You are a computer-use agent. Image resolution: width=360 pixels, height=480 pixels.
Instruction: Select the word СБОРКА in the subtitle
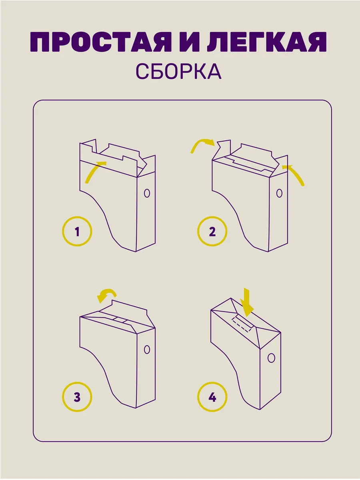[178, 71]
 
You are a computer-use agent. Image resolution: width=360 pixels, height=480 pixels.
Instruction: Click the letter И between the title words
[184, 42]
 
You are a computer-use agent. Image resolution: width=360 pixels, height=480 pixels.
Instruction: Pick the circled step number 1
[77, 231]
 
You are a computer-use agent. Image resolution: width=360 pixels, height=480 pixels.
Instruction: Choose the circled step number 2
[212, 231]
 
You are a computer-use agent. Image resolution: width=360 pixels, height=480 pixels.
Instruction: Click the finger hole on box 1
[147, 193]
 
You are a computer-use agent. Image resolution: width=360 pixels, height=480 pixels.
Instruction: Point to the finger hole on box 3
[147, 349]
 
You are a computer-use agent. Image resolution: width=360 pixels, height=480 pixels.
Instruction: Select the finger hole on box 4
[271, 357]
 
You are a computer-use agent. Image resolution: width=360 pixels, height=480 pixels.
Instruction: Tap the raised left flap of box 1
[88, 146]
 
